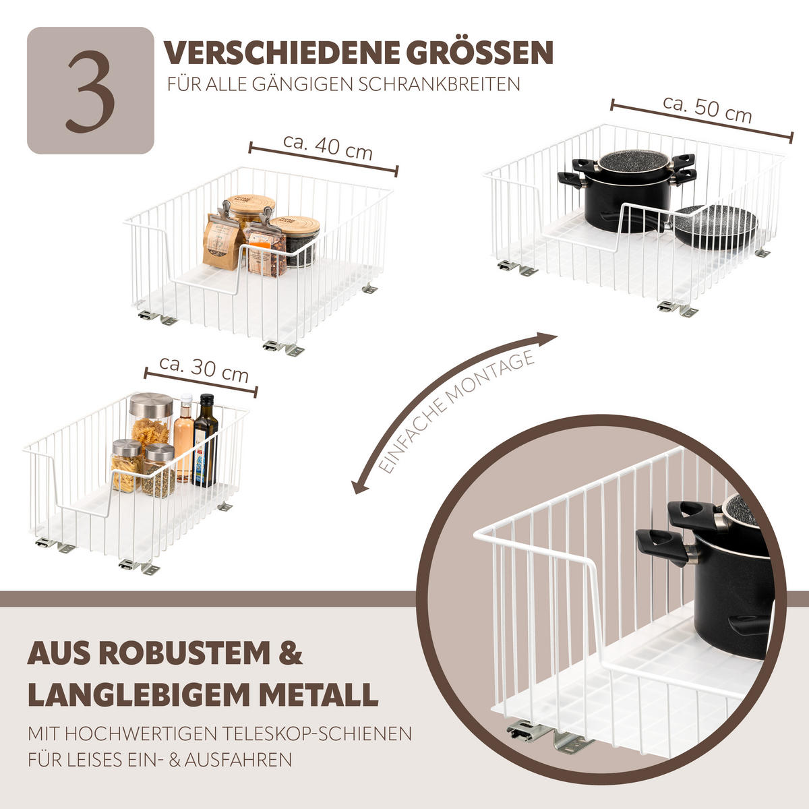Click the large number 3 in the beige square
[x=90, y=91]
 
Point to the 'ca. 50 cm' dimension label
[x=707, y=109]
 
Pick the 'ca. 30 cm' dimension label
[x=204, y=368]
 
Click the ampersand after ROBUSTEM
[x=291, y=654]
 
